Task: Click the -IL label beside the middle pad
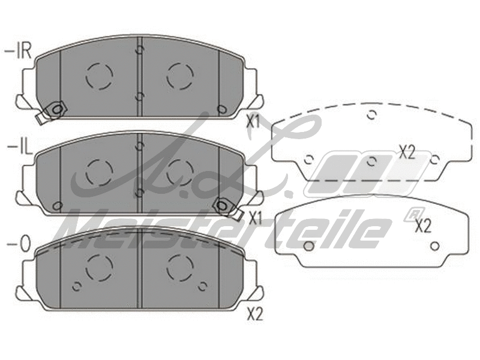19,147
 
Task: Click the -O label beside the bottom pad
18,244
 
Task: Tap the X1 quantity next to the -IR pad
253,121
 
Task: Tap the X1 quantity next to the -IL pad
256,218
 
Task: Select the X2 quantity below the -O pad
255,314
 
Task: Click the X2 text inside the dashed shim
407,152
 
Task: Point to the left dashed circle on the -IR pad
100,76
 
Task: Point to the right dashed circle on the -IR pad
180,75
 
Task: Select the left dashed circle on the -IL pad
99,172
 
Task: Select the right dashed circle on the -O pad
180,268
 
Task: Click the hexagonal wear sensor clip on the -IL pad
224,205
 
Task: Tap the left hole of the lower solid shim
308,246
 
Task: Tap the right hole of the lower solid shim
436,245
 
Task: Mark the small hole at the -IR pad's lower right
221,109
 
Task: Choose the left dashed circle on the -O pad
99,268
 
